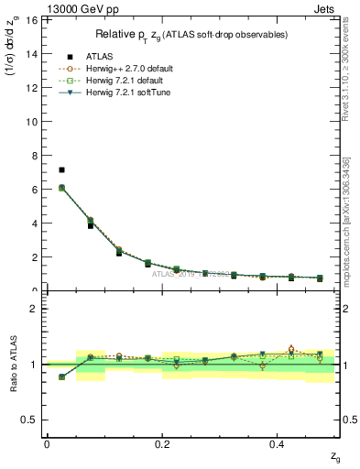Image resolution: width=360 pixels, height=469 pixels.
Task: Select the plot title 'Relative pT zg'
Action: click(x=191, y=35)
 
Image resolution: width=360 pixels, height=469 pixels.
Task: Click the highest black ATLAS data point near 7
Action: click(x=61, y=169)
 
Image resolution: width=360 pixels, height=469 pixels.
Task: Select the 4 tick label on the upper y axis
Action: click(x=37, y=223)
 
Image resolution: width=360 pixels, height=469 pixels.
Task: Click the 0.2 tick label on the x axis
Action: click(x=162, y=444)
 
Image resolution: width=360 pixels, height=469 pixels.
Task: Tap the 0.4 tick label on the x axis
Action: click(x=278, y=444)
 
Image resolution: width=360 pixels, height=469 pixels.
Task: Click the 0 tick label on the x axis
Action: click(x=47, y=444)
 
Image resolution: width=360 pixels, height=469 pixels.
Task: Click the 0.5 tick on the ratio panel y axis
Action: click(x=32, y=420)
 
